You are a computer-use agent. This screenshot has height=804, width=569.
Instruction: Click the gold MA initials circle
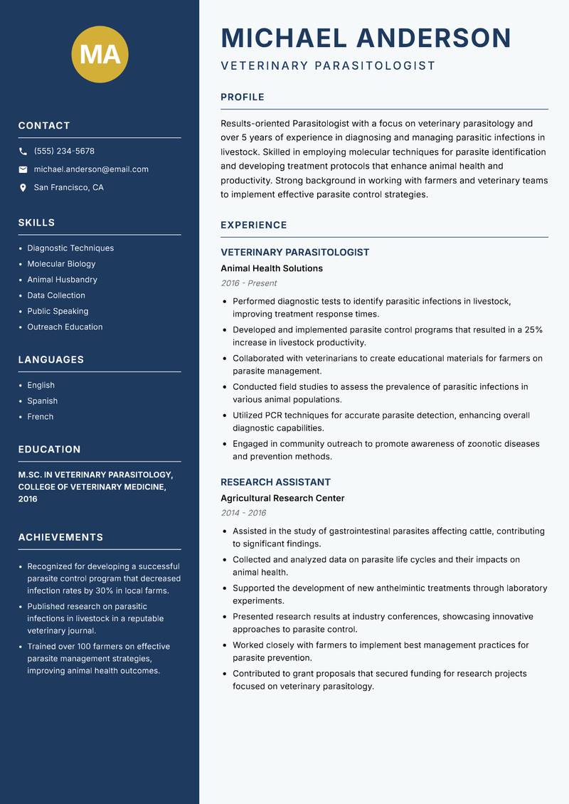(100, 54)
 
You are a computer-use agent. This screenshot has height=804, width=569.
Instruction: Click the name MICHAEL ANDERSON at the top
(366, 38)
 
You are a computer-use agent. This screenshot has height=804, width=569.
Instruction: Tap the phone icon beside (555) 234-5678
(23, 152)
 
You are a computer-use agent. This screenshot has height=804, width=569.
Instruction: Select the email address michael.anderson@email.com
(91, 169)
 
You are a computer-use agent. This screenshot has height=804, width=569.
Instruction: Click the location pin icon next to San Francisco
(23, 188)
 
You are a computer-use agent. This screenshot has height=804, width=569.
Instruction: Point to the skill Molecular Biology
(61, 264)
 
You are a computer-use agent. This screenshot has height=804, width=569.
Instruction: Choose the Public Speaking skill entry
(58, 311)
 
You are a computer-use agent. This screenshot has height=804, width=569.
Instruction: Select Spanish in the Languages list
(42, 401)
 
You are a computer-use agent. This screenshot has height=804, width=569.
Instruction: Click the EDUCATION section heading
(49, 450)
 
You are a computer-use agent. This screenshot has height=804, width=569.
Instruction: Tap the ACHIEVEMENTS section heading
(60, 537)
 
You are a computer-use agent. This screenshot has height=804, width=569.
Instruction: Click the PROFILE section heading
(242, 97)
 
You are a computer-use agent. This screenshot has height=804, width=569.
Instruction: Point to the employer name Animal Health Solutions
(271, 268)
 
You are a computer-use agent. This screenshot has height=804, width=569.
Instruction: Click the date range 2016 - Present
(248, 283)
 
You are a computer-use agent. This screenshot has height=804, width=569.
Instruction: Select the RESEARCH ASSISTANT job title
(275, 482)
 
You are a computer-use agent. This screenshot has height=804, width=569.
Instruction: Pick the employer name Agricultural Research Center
(282, 498)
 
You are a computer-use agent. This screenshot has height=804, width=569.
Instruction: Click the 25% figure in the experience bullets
(533, 329)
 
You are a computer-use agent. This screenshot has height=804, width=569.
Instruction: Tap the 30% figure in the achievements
(103, 591)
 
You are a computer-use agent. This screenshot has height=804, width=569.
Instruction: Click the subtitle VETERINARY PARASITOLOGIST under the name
(327, 66)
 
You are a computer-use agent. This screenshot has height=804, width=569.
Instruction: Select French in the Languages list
(40, 416)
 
